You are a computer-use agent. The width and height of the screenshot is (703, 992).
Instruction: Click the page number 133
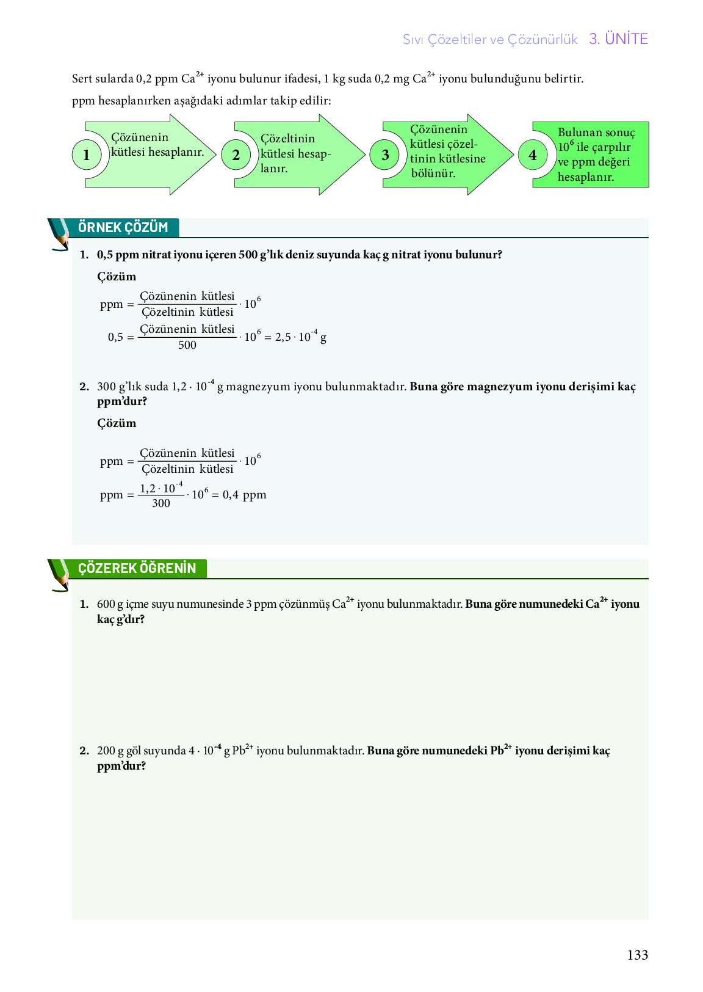pos(637,955)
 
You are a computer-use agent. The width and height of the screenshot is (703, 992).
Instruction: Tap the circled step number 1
pos(86,155)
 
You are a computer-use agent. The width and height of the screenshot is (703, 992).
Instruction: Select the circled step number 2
pos(236,155)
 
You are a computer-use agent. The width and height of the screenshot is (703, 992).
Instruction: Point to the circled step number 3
pos(385,155)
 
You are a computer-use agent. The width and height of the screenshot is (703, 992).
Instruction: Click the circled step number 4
pos(533,155)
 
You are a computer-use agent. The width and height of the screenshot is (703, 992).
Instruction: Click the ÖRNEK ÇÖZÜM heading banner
pos(123,228)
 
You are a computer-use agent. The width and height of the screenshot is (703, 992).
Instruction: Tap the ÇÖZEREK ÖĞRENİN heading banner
pos(137,569)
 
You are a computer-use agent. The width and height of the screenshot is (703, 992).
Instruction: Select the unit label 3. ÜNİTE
pos(618,39)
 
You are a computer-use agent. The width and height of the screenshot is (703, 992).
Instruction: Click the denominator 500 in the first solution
pos(187,345)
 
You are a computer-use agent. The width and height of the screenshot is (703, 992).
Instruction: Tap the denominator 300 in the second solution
pos(161,503)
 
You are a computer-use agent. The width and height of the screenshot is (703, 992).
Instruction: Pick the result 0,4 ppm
pos(244,495)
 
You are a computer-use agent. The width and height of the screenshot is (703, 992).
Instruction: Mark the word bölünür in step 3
pos(433,173)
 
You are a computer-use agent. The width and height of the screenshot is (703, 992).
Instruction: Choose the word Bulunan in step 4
pos(577,133)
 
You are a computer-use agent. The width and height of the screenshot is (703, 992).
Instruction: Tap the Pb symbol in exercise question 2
pos(239,751)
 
